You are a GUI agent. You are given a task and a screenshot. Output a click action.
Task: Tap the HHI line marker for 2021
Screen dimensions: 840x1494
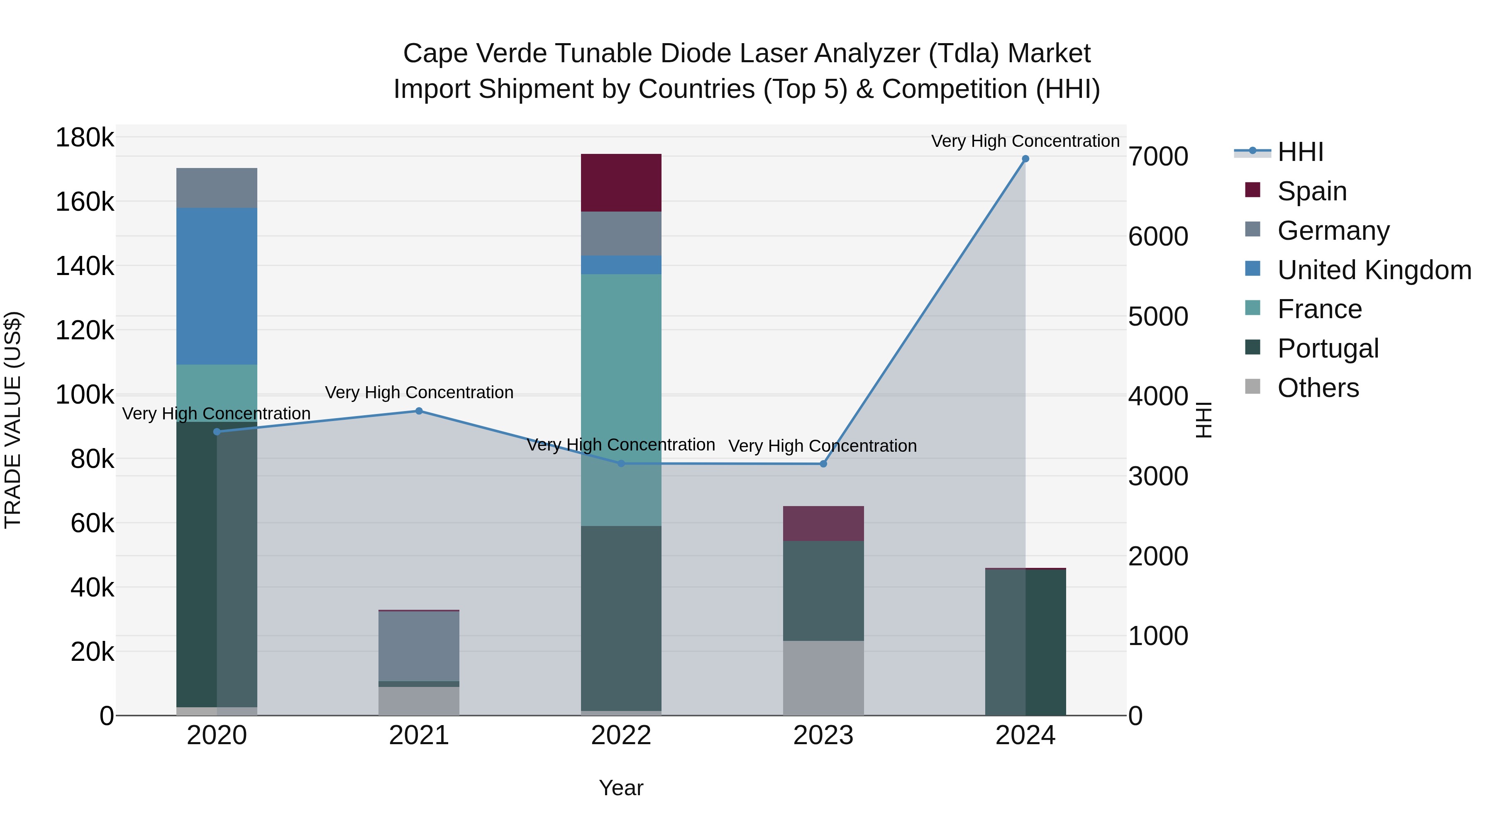click(419, 411)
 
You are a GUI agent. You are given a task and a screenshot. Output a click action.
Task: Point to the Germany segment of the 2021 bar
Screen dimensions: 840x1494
click(419, 646)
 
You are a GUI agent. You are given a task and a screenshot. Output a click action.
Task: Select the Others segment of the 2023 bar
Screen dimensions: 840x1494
click(823, 678)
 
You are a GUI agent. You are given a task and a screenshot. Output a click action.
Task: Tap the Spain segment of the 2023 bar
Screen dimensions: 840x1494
click(823, 523)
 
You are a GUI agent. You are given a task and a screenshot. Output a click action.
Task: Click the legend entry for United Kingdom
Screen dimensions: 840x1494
click(1374, 270)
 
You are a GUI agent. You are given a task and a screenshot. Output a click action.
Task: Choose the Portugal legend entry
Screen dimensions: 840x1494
click(1328, 348)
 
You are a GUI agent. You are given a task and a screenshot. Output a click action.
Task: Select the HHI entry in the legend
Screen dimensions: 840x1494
click(1300, 152)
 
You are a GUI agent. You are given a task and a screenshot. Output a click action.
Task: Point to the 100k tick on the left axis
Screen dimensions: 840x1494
click(85, 395)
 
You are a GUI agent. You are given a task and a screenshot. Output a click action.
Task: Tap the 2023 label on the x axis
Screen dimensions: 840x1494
click(823, 735)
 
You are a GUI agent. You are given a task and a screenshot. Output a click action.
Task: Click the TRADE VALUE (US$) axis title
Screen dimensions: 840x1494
click(13, 420)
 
